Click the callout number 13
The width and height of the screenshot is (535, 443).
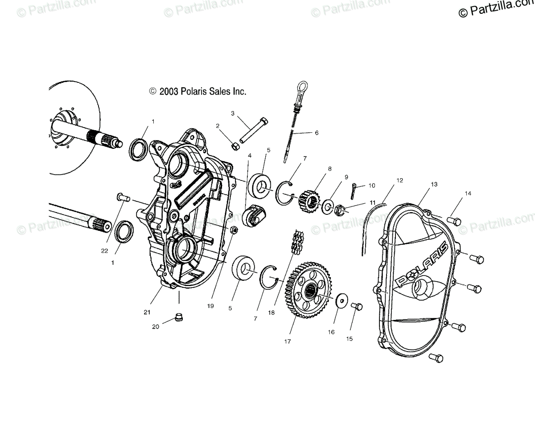point(422,184)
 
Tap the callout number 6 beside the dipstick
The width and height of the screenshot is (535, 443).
point(317,133)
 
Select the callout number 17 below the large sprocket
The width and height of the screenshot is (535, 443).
point(287,341)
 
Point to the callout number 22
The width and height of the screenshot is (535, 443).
point(104,250)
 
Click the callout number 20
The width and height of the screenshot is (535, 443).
point(155,326)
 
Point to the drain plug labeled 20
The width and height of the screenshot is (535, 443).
point(180,316)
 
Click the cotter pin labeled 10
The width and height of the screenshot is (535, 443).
point(353,189)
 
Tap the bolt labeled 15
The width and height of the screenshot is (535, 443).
point(357,307)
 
